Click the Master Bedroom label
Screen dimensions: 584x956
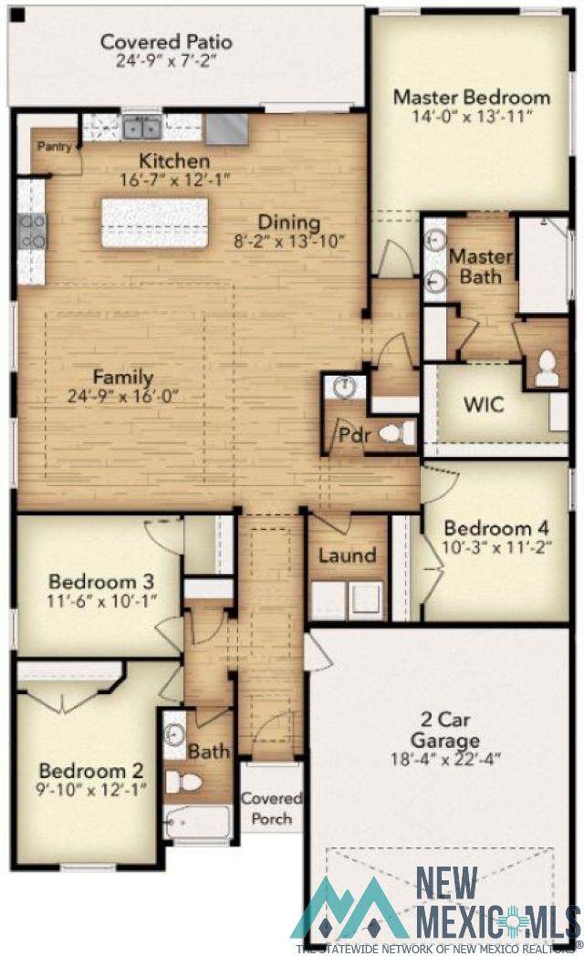point(471,97)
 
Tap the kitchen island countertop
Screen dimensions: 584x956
point(154,223)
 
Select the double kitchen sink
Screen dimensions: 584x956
point(142,128)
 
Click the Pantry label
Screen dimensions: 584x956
point(55,146)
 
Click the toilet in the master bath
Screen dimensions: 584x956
point(547,369)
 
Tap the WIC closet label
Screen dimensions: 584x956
point(484,404)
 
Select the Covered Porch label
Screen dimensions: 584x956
point(271,808)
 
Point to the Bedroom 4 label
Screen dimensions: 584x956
point(495,528)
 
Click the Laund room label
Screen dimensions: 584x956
point(348,556)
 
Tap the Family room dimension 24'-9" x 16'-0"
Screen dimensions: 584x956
point(122,396)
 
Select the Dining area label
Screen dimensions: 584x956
point(289,222)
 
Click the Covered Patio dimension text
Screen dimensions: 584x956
point(166,60)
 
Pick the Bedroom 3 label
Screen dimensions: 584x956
point(101,581)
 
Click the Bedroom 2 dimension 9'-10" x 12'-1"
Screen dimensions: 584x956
point(91,790)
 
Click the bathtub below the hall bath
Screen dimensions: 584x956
point(198,823)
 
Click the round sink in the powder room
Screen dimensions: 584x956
point(346,385)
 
